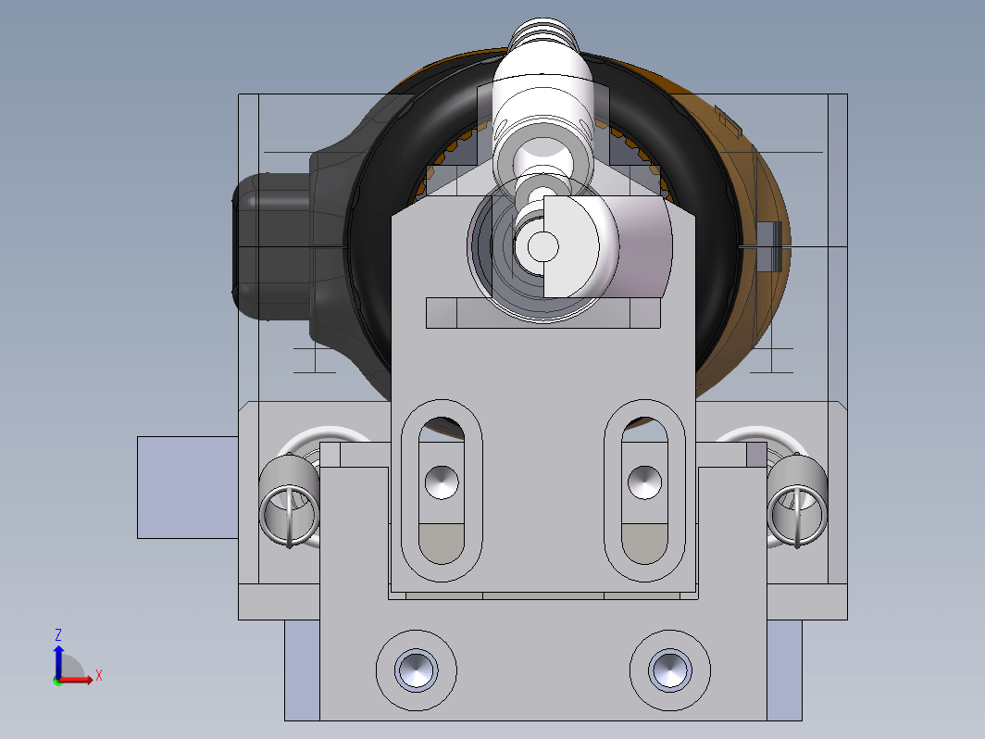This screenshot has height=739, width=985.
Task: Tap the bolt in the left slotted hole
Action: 442,482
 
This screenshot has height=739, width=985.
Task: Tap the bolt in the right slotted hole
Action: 644,482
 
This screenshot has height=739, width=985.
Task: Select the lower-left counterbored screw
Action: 417,670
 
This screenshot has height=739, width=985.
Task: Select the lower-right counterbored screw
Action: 670,670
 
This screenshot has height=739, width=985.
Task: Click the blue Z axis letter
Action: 58,634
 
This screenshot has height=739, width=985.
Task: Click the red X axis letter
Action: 99,676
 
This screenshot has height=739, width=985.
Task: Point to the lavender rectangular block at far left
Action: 187,487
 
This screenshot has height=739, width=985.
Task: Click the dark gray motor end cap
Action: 271,246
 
